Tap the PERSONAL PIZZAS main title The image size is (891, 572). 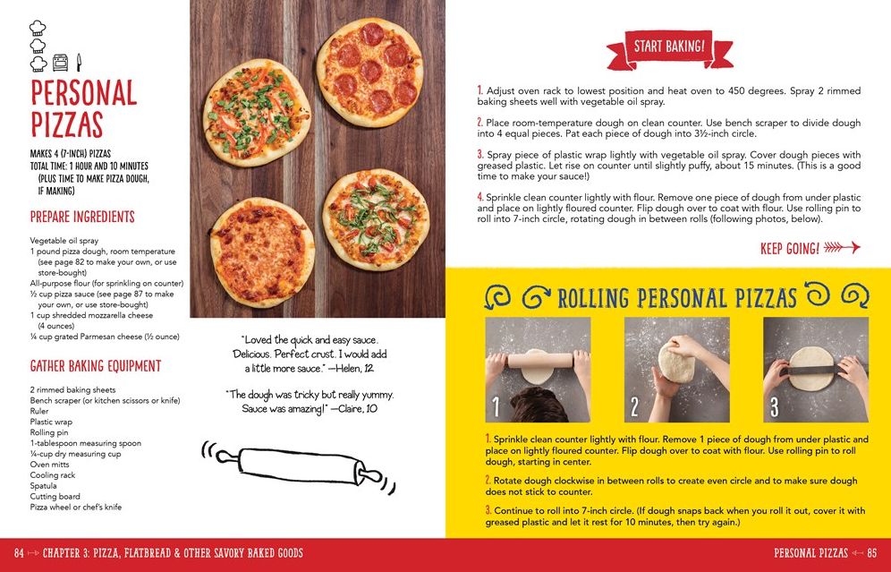click(x=83, y=108)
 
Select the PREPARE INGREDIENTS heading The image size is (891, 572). click(x=82, y=217)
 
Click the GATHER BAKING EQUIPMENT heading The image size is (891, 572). click(x=96, y=366)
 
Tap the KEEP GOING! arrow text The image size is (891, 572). click(x=809, y=248)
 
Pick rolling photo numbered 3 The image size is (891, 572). click(x=815, y=369)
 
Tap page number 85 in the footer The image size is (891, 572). click(x=872, y=553)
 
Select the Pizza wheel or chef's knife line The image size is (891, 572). click(x=76, y=508)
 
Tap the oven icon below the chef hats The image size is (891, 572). click(x=61, y=63)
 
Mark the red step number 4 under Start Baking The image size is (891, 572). click(x=480, y=197)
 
